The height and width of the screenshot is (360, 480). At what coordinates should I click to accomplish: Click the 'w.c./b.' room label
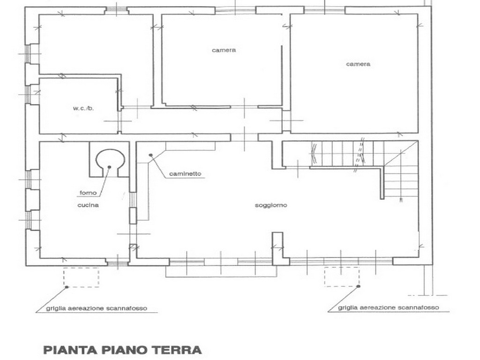83,108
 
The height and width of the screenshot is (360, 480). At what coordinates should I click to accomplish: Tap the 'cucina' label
88,205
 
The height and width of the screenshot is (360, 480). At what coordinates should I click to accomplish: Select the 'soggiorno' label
271,205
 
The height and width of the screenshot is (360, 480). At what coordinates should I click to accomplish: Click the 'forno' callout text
88,193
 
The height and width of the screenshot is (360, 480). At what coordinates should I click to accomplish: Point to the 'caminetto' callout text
186,174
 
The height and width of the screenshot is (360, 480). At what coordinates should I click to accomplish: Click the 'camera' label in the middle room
224,50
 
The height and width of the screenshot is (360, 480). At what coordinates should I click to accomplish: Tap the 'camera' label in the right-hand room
358,64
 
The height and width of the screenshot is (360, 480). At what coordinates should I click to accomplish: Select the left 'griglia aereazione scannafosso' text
97,308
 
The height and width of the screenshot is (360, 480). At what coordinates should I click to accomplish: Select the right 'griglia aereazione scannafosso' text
389,307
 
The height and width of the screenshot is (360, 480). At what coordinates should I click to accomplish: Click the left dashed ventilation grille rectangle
81,268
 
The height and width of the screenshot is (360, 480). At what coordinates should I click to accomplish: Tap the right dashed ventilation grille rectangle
342,267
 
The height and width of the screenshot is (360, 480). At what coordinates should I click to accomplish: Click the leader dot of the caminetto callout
150,155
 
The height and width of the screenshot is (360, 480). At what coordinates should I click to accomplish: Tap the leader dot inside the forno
109,167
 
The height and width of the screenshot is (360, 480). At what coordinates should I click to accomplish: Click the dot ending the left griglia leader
67,287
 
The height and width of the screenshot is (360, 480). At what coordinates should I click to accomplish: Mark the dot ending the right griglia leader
358,286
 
